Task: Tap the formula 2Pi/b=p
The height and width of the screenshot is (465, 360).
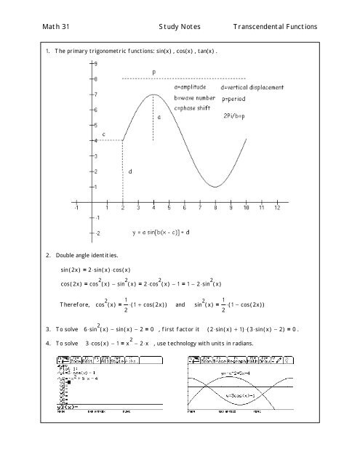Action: tap(237, 115)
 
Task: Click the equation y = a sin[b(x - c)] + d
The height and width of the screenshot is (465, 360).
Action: tap(160, 233)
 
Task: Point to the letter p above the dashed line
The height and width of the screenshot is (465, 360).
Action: tap(153, 71)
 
